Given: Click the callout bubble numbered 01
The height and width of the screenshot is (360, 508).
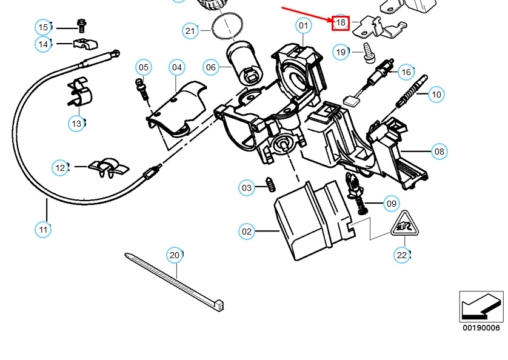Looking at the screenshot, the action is pos(304,25).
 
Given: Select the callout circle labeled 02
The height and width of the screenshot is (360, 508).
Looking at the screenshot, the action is pos(247,232).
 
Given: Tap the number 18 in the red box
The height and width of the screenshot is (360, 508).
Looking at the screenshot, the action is pos(341,23).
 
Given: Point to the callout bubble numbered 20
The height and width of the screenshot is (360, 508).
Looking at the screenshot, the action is pos(175,255).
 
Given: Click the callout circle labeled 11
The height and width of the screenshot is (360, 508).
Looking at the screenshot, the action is pos(43,230).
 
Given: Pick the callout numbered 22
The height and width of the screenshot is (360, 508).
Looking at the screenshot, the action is pos(402,255).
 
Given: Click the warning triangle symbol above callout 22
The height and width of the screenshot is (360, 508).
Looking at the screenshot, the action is pos(405,224).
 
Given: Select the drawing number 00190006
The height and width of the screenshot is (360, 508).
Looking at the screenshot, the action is pos(481,328).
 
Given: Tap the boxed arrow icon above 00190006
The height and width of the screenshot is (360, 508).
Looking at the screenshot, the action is pos(481,307).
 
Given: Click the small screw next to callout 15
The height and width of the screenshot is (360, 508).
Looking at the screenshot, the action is pos(81,26).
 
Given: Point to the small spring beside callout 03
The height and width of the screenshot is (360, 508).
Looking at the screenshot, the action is pos(270,184).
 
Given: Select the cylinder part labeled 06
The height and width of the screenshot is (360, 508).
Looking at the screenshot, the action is pos(245,63).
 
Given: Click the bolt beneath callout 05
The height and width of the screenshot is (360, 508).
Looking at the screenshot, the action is pos(142,89).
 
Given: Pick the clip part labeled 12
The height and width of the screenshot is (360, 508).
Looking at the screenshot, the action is pos(109,168).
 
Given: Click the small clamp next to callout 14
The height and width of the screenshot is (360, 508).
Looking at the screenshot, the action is pos(85,44).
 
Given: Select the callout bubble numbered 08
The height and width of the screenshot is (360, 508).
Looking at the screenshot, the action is pos(439,152).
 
